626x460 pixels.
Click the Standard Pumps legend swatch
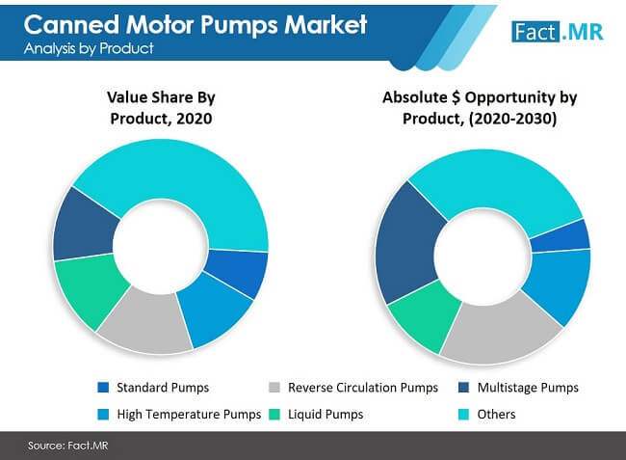[103, 388]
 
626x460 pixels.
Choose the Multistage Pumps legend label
[533, 388]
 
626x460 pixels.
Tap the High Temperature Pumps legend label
[189, 415]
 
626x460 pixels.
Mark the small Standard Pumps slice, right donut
[572, 234]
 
